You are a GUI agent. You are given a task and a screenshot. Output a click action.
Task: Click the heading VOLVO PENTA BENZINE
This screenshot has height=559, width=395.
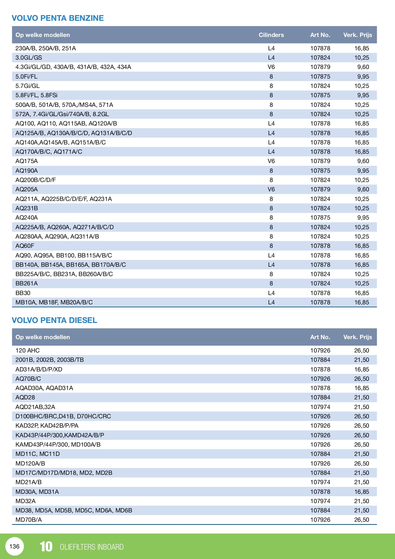click(x=58, y=18)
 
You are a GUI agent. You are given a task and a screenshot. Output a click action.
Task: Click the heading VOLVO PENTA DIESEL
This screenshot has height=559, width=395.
click(x=54, y=320)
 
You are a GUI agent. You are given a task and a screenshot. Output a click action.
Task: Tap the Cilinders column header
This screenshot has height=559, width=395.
click(x=271, y=35)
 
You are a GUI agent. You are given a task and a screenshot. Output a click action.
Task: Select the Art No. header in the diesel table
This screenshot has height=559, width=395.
click(x=320, y=337)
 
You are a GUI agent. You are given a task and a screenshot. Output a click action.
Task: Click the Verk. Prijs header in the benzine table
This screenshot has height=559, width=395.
click(x=357, y=35)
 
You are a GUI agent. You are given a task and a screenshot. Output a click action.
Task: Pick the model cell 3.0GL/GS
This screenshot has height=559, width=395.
click(x=29, y=57)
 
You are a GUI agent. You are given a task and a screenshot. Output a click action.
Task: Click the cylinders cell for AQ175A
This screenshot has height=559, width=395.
click(x=271, y=161)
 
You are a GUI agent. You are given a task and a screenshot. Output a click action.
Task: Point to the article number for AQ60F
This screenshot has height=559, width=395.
click(x=320, y=246)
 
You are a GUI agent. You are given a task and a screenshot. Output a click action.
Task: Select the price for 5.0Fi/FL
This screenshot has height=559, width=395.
click(x=363, y=76)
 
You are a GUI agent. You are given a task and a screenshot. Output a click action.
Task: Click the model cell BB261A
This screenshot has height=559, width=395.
click(x=26, y=283)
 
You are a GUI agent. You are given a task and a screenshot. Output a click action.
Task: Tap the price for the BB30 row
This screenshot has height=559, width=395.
click(x=361, y=293)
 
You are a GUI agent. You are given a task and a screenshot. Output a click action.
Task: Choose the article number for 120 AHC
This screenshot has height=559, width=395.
click(x=320, y=350)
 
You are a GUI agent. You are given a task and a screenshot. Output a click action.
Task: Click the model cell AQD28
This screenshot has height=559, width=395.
click(x=25, y=397)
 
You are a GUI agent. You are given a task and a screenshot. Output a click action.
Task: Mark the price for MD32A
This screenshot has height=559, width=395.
click(x=361, y=501)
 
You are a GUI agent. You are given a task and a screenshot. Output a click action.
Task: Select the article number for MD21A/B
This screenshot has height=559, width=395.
click(x=320, y=482)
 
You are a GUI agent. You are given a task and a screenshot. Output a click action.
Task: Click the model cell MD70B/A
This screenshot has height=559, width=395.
click(x=29, y=520)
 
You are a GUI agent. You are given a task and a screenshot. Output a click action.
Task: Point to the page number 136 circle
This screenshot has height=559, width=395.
click(x=15, y=546)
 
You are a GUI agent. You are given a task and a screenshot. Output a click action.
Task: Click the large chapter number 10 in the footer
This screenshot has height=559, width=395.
click(x=46, y=547)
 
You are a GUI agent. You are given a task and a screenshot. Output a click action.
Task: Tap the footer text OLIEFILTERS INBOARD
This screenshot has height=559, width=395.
click(x=92, y=547)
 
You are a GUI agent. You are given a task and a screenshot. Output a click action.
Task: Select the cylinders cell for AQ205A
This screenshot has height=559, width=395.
click(x=271, y=189)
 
